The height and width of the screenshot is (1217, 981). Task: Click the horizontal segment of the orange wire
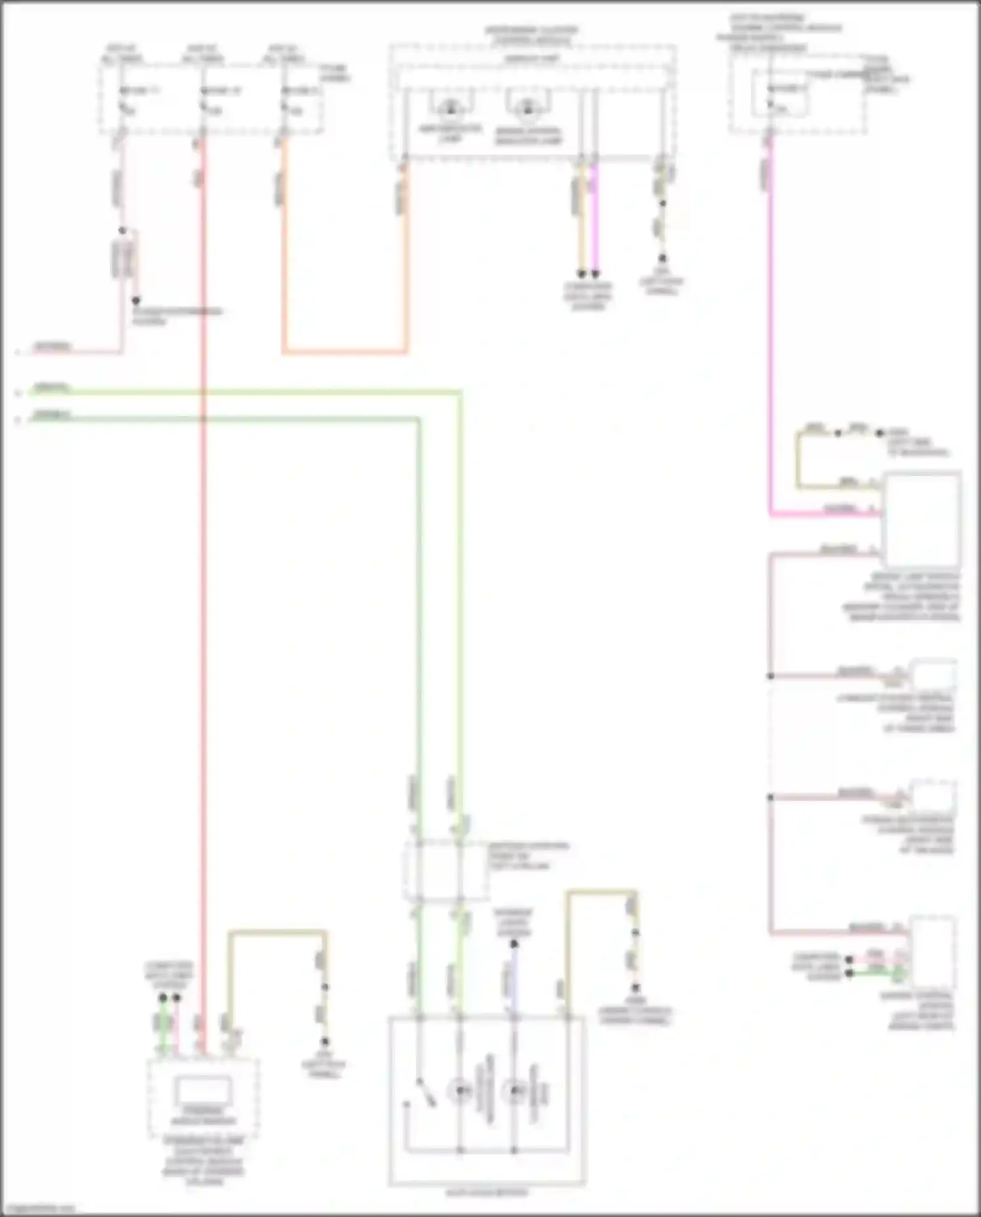pos(345,352)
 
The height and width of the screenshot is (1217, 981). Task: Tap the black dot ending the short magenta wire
pos(595,273)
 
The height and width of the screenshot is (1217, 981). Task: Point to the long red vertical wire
pos(203,589)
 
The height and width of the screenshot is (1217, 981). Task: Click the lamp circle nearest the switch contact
pos(460,1090)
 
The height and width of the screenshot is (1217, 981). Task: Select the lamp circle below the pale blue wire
pos(514,1090)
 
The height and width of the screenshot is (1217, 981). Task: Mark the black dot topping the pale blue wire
pos(514,944)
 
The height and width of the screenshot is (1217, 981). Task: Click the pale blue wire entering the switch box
pos(514,981)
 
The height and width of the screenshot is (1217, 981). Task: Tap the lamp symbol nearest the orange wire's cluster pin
pos(450,109)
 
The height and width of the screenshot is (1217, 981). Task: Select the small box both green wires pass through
pos(445,870)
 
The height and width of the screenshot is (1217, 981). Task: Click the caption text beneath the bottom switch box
pos(487,1192)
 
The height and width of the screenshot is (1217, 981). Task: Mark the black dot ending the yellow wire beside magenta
pos(581,273)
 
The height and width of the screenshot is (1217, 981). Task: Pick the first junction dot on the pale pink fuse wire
pos(122,231)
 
